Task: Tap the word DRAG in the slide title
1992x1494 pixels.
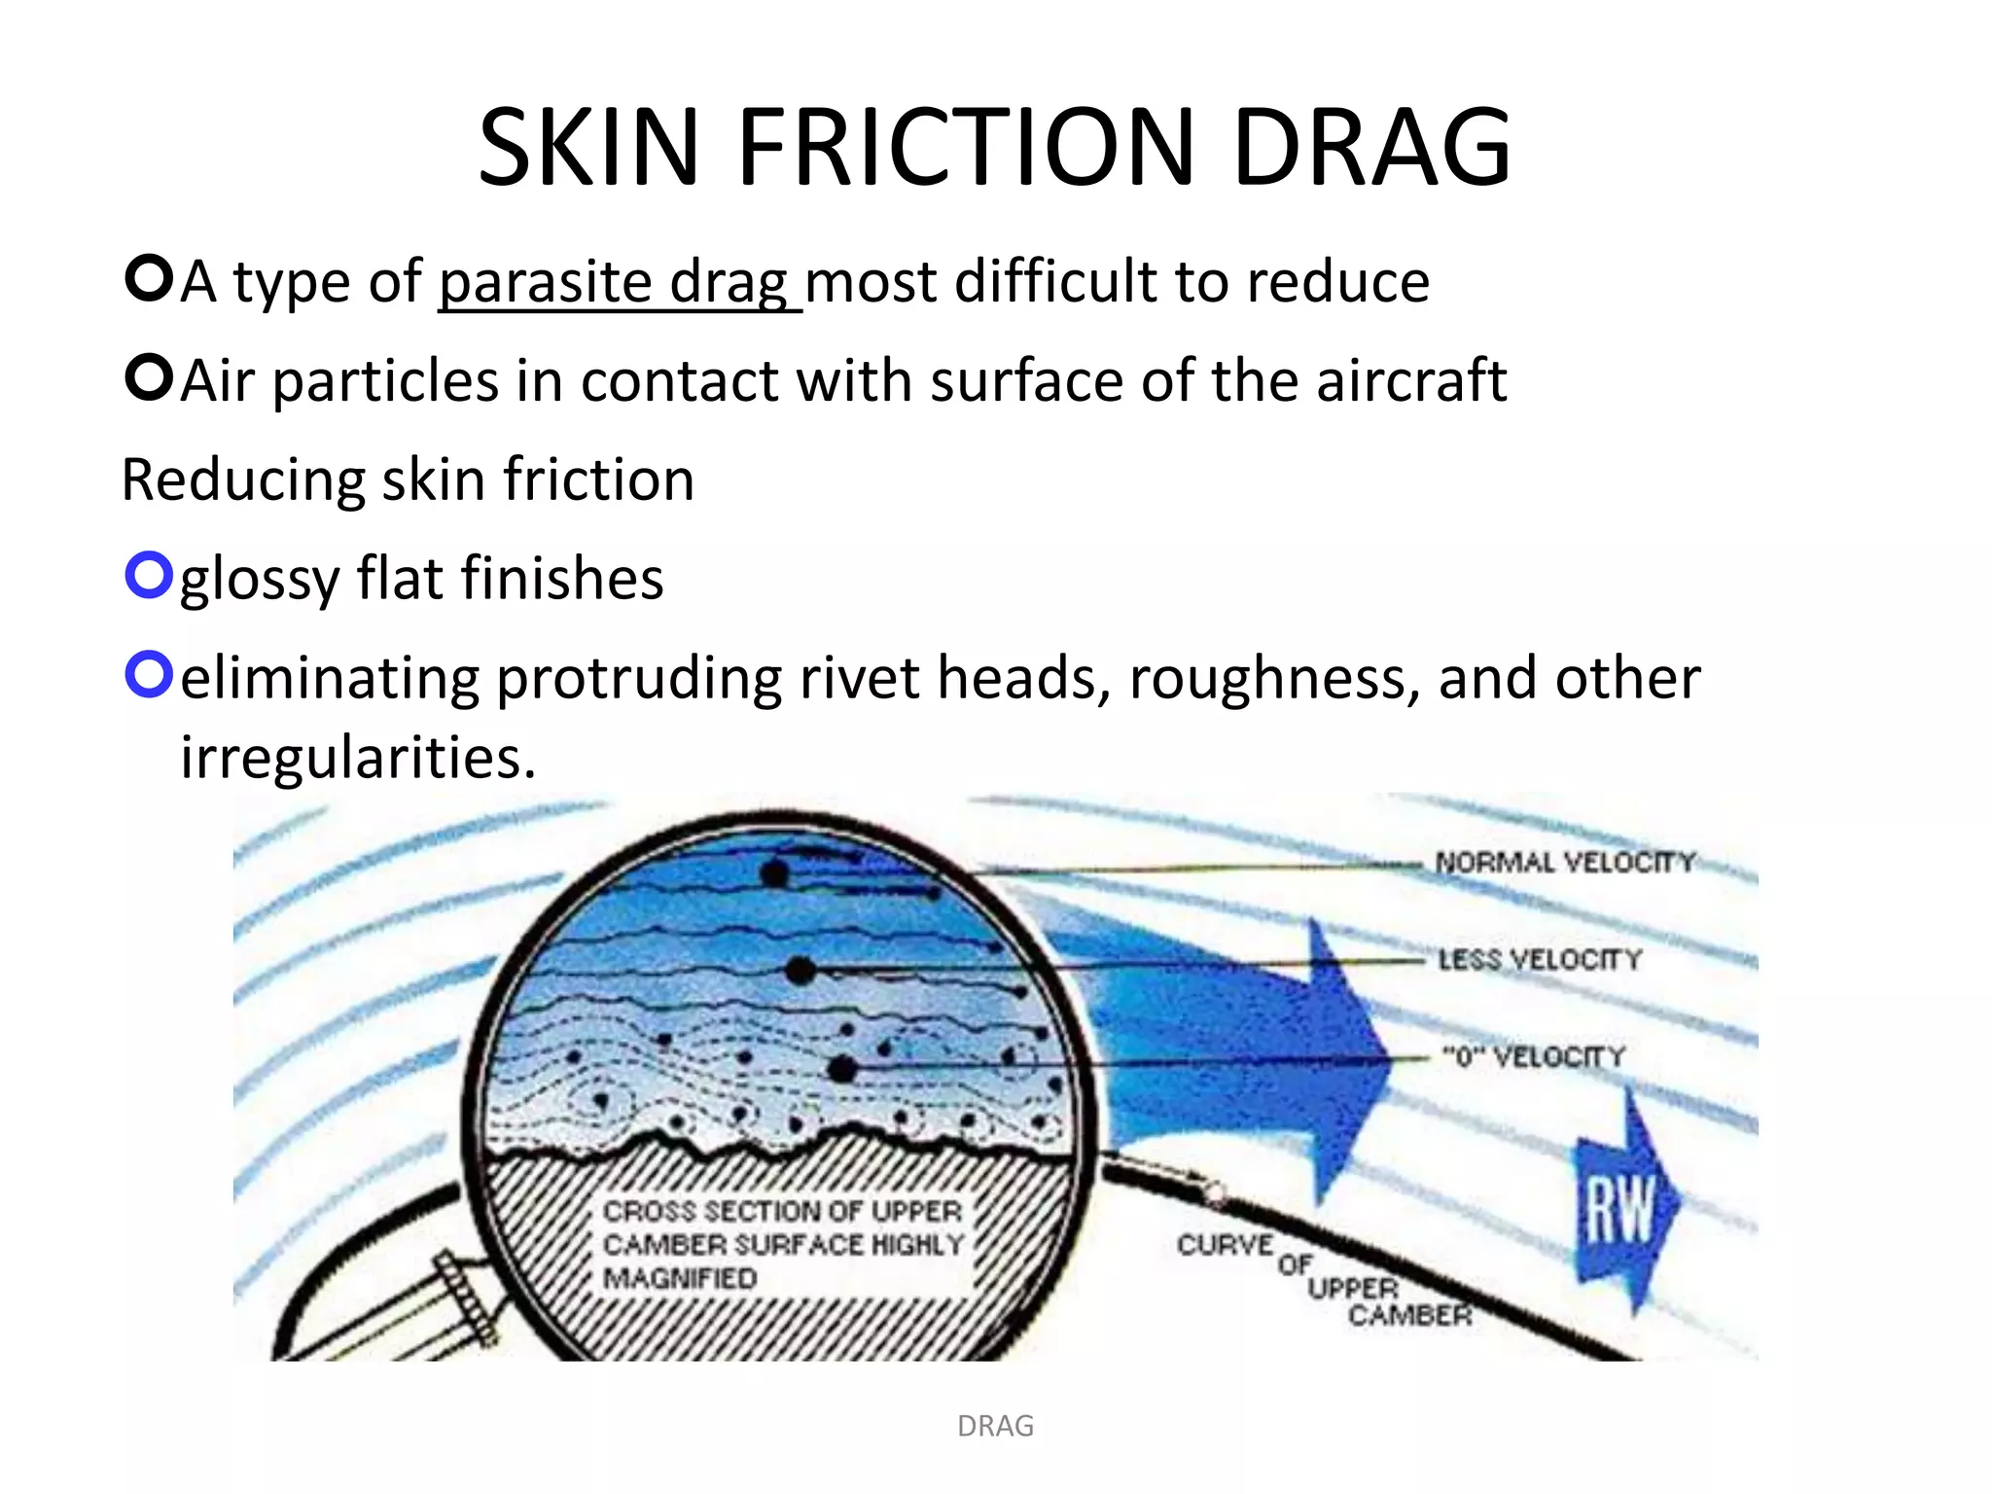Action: tap(1371, 149)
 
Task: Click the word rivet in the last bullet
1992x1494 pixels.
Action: tap(859, 678)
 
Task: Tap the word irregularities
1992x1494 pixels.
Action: tap(358, 758)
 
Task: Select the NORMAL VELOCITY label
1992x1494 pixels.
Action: tap(1565, 863)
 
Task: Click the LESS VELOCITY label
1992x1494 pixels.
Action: tap(1540, 960)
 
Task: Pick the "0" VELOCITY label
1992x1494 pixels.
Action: tap(1534, 1056)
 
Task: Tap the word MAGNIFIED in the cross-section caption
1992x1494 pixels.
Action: tap(680, 1278)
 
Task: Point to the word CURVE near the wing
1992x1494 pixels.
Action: tap(1225, 1245)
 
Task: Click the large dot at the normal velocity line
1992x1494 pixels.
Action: tap(774, 873)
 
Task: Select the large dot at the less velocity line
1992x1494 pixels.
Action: tap(800, 970)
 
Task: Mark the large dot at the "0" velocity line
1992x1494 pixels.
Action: tap(842, 1068)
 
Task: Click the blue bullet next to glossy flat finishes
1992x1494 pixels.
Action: tap(149, 576)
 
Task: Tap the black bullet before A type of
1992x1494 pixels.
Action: tap(149, 279)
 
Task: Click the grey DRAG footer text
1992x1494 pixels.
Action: tap(995, 1426)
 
